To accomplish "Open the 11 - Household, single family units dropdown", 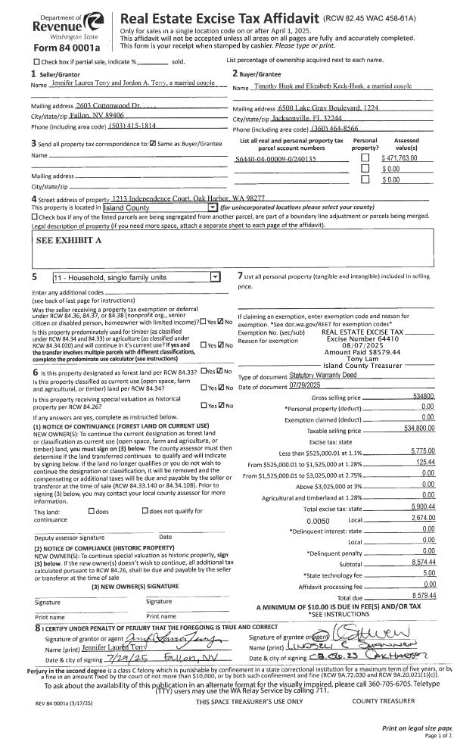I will coord(137,277).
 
